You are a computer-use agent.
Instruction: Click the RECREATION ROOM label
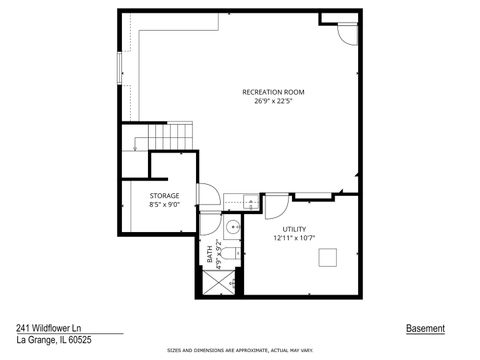273,92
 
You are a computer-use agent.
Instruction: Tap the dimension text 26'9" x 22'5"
273,101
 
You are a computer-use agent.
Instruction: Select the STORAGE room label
165,195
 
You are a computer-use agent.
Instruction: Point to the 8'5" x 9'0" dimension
165,204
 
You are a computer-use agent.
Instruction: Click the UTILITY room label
293,229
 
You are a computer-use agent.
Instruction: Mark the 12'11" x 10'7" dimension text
293,238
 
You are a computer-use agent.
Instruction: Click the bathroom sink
232,227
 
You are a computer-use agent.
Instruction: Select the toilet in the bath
229,255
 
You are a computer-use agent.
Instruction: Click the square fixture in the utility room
327,258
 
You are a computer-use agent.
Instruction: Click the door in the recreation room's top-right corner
346,33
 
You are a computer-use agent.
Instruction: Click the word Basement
425,328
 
